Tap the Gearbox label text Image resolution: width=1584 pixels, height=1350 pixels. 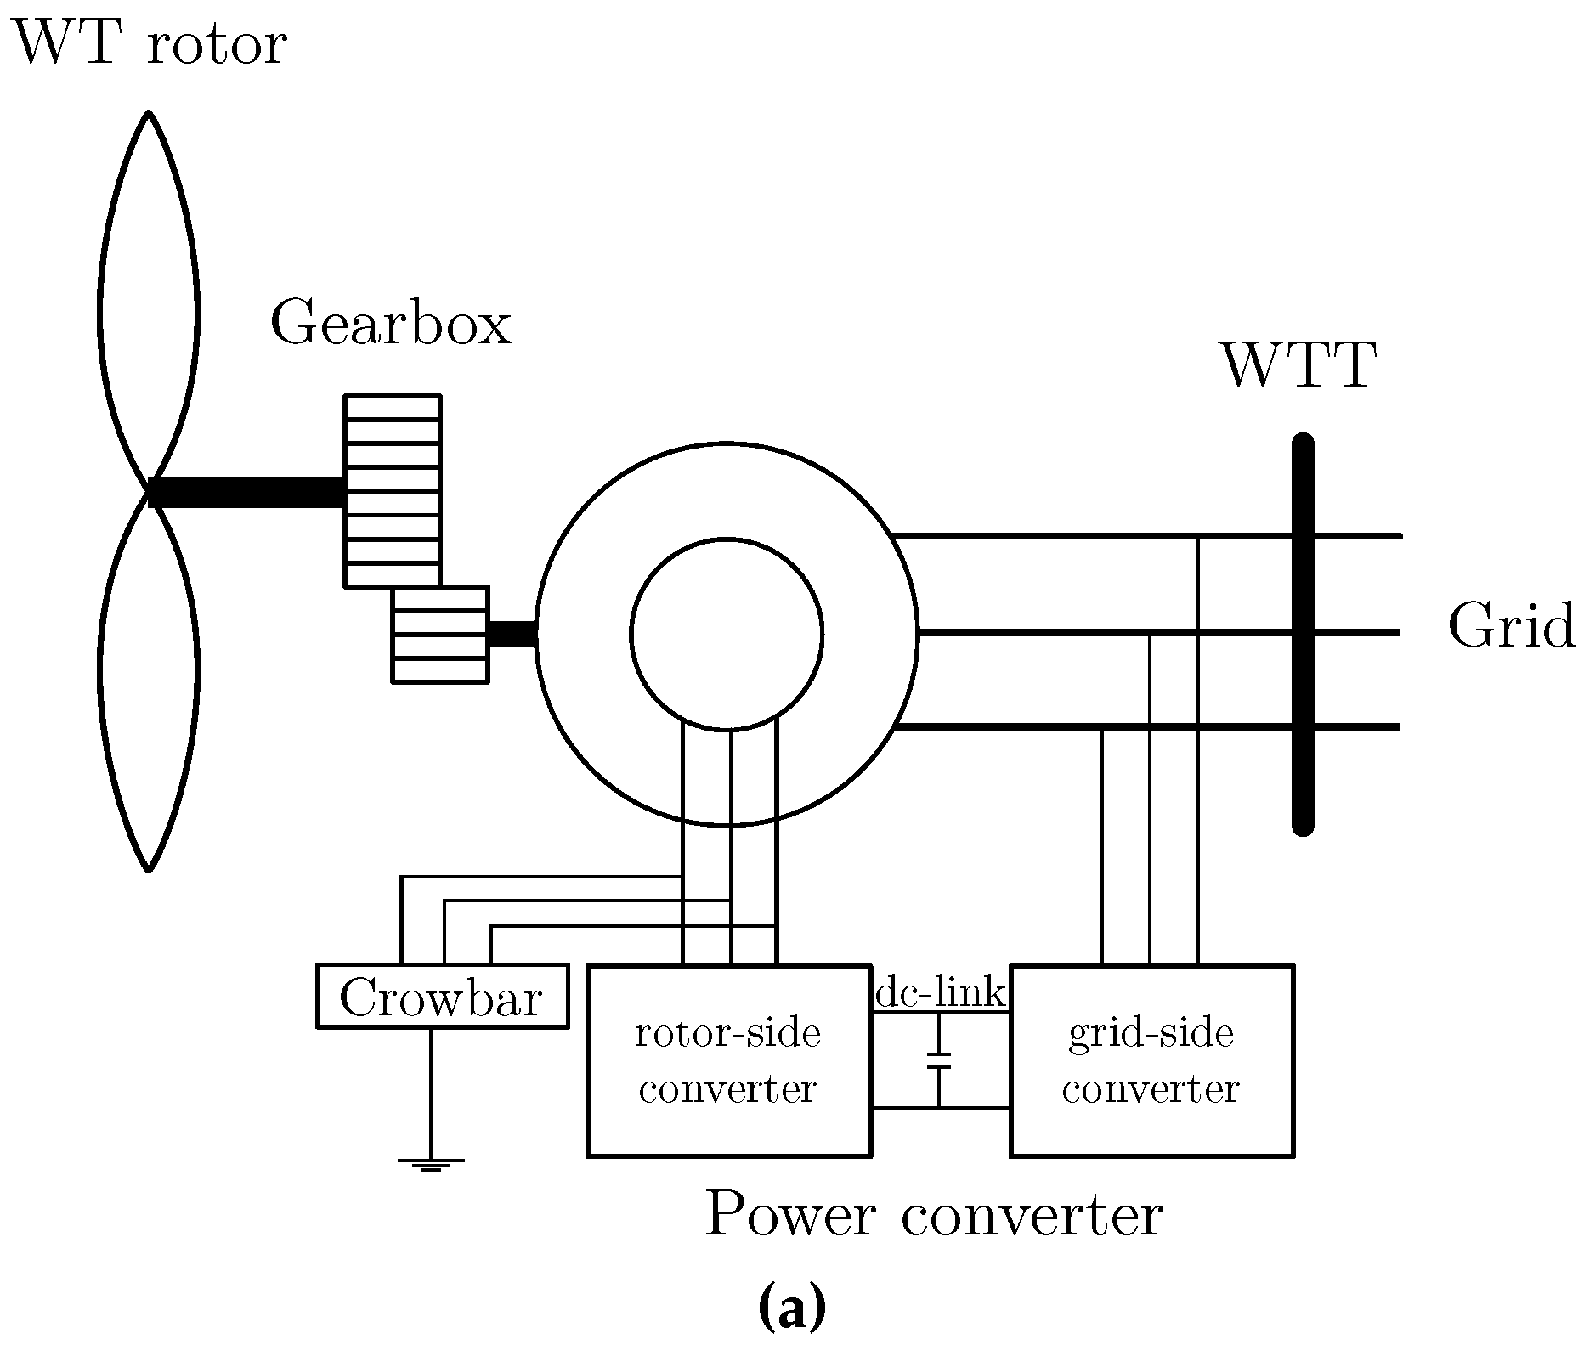[391, 323]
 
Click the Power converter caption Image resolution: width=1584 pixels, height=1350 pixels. [933, 1216]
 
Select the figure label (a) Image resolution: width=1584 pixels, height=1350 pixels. [791, 1308]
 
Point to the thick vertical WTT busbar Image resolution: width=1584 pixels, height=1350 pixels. [1303, 635]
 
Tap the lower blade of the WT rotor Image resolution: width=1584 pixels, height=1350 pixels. [101, 680]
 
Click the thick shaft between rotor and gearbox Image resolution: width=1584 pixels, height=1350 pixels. [246, 492]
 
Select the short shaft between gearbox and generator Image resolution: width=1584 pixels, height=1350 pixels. [512, 634]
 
